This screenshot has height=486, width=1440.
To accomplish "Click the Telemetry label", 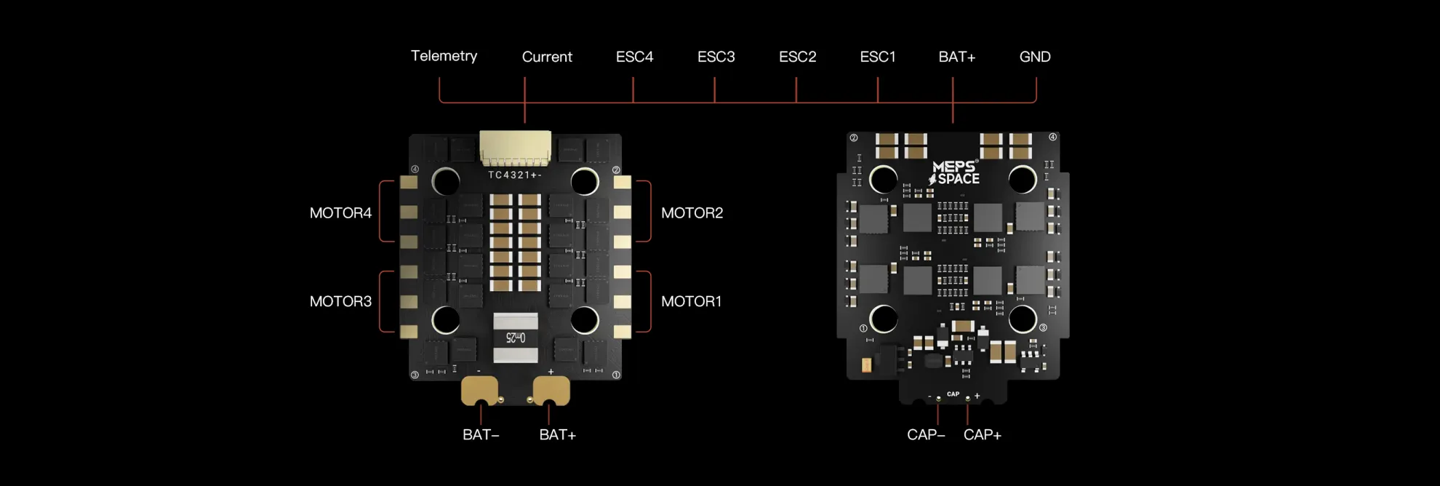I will pos(444,56).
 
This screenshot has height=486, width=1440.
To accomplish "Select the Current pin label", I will pos(547,57).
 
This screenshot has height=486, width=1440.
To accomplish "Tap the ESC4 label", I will pos(634,57).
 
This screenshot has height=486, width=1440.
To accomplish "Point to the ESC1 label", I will pos(877,57).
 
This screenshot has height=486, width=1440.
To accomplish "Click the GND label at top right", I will pos(1034,57).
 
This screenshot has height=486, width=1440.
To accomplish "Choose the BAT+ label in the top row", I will pos(956,57).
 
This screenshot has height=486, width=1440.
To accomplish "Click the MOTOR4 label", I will pos(340,213).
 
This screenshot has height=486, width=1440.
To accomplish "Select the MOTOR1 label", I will pos(691,301).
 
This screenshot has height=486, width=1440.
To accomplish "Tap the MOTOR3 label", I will pos(340,301).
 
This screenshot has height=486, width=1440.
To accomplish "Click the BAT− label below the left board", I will pos(481,435).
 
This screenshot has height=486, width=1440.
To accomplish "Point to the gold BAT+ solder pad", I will pos(551,391).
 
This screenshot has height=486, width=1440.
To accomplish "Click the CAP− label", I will pos(926,435).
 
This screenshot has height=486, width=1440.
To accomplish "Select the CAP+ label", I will pos(982,435).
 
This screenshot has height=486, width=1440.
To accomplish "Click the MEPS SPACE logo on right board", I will pos(954,173).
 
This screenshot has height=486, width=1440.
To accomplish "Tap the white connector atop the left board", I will pos(515,148).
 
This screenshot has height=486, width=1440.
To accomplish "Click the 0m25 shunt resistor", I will pos(516,338).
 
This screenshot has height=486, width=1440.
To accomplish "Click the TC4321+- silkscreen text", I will pos(514,175).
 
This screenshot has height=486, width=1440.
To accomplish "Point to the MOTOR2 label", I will pos(692,213).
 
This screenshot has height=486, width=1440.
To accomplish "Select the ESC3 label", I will pos(716,57).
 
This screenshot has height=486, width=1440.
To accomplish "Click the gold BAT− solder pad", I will pos(479,391).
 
